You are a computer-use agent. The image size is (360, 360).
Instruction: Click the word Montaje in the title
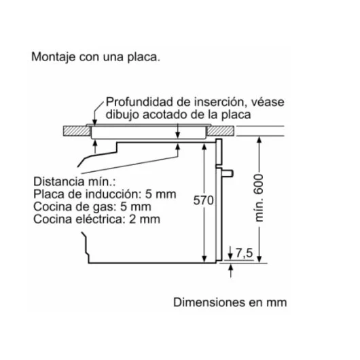(x=53, y=57)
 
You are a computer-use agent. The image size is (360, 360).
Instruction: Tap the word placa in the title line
(x=143, y=57)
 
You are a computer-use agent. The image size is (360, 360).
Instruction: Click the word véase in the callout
(x=268, y=103)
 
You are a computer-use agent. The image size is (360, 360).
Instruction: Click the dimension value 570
(x=203, y=200)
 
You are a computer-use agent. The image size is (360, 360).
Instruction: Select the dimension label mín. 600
(x=259, y=198)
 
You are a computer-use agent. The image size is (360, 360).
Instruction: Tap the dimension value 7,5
(x=244, y=253)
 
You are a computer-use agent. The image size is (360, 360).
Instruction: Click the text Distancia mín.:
(x=75, y=181)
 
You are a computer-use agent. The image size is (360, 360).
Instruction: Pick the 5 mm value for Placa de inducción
(x=160, y=194)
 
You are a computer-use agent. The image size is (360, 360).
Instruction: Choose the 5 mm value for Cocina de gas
(x=136, y=206)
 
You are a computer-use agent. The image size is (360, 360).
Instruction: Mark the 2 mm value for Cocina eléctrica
(x=145, y=219)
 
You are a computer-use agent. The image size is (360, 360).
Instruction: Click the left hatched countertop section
(x=77, y=131)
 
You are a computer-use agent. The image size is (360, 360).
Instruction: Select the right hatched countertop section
(x=220, y=131)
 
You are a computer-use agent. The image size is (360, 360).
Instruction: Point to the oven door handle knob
(x=228, y=173)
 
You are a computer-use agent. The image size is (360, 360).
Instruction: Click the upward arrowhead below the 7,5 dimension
(x=231, y=267)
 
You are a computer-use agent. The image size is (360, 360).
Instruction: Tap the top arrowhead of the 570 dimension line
(x=204, y=147)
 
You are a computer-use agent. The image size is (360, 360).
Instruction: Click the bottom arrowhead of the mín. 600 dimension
(x=259, y=259)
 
